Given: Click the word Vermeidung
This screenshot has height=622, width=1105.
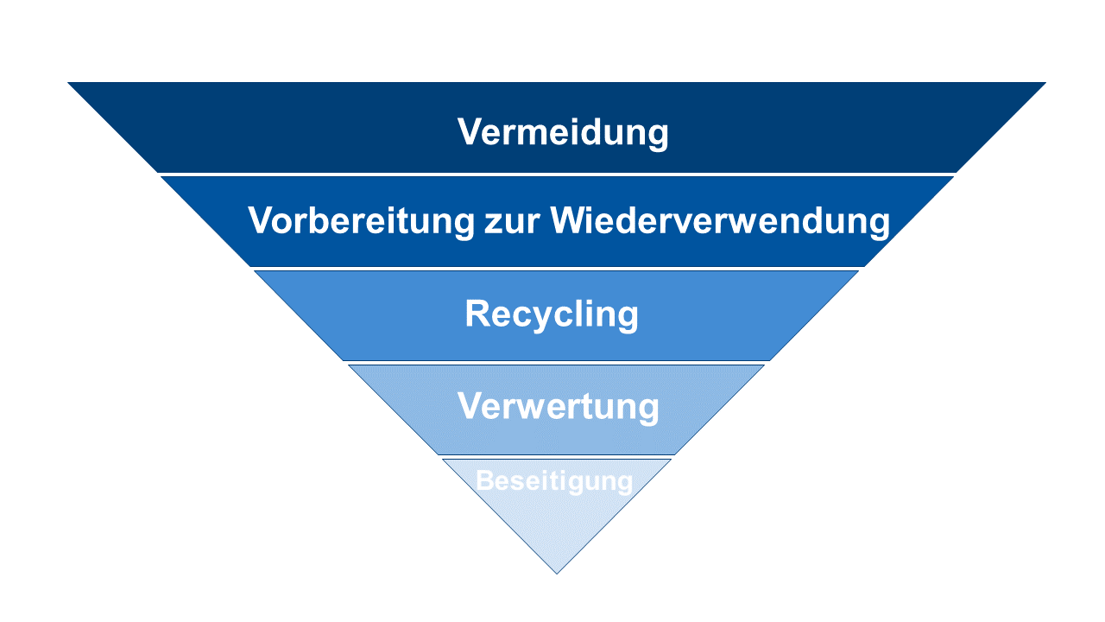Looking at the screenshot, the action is pos(563,132).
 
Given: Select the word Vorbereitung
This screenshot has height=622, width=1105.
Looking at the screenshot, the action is pos(361,220).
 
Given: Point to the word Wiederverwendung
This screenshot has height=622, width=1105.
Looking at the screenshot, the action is pos(720,220).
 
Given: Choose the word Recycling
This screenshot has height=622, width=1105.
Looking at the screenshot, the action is pos(552,314).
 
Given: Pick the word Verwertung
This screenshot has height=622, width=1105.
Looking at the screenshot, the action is pos(558,407).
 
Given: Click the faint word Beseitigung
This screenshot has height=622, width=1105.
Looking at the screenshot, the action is pos(554,481).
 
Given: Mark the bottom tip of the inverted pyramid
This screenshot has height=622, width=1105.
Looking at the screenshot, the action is pos(557,574).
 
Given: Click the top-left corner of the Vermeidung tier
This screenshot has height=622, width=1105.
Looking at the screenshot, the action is pos(67,82).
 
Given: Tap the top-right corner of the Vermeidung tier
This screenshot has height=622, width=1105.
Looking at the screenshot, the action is pos(1045,82).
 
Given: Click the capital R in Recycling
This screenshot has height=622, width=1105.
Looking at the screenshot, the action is pos(477,313).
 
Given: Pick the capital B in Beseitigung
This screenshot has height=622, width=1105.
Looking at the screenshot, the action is pos(485,480).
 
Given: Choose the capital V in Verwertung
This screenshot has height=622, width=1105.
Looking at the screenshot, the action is pos(472,405).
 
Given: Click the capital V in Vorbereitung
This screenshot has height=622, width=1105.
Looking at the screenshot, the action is pos(263,219).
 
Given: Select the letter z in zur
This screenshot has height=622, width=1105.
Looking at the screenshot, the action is pos(493,225).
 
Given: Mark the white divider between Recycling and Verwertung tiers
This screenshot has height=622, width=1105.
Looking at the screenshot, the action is pos(556,363).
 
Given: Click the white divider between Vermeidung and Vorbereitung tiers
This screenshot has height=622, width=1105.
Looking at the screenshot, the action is pos(557,175).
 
